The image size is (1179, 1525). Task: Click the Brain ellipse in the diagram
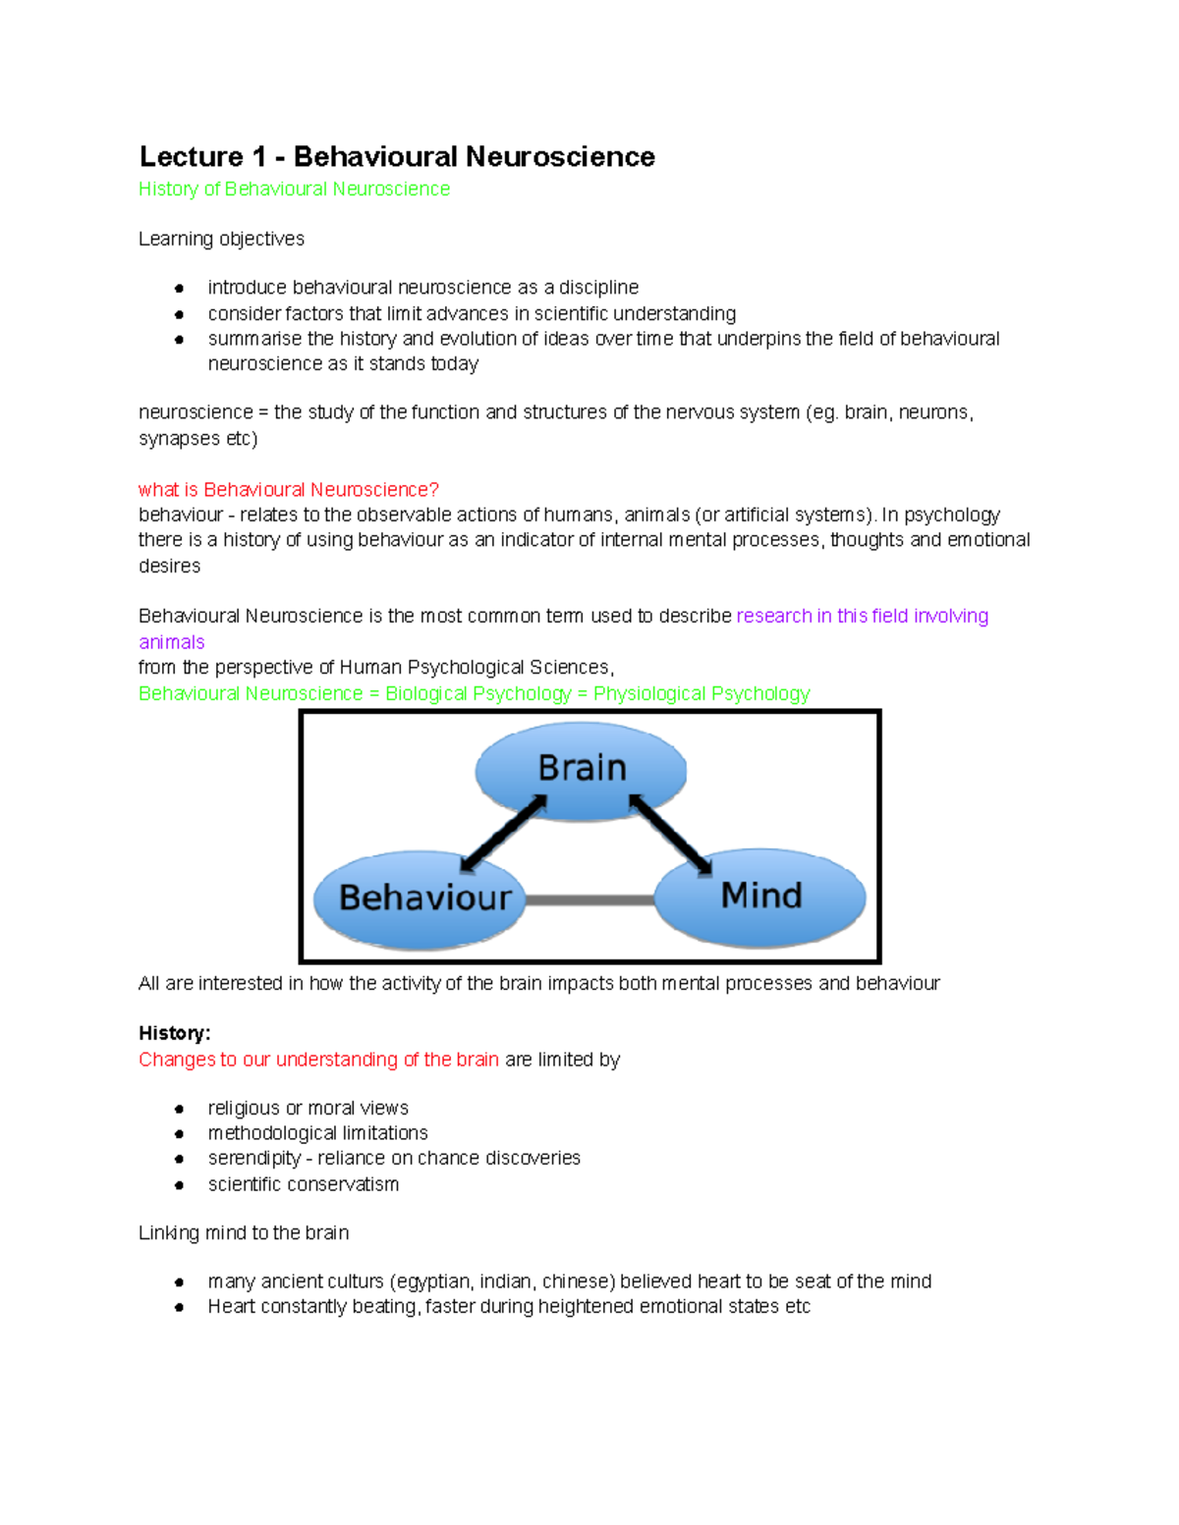[581, 769]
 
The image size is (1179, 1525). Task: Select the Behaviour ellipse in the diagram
[420, 899]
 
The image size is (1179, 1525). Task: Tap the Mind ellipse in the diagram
[759, 897]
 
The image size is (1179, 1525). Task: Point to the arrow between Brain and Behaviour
[503, 833]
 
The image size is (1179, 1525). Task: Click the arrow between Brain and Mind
[670, 833]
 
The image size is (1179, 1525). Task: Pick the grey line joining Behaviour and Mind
[589, 899]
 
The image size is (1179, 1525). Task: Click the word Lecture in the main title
[192, 157]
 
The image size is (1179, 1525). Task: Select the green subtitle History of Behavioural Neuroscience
[294, 190]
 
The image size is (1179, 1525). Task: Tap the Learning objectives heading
[221, 239]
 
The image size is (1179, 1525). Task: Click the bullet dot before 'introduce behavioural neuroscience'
[179, 288]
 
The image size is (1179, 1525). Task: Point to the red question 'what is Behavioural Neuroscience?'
[288, 489]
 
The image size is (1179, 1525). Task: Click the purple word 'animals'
[171, 642]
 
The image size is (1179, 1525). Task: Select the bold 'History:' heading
[174, 1033]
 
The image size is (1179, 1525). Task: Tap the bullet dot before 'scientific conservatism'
[179, 1185]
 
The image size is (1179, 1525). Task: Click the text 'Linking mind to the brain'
[244, 1233]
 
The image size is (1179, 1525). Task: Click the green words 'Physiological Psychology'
[702, 694]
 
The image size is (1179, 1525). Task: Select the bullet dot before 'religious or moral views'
[179, 1109]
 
